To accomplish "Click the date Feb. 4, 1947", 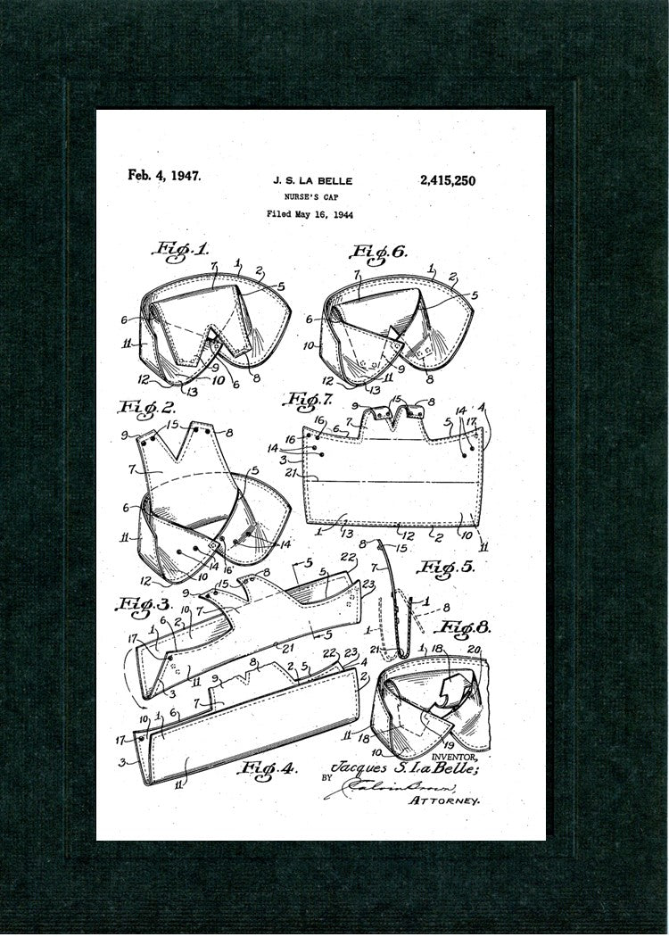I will pyautogui.click(x=164, y=175).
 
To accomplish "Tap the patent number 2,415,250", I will pyautogui.click(x=446, y=180).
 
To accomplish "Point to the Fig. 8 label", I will pyautogui.click(x=467, y=626).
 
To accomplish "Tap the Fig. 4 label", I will pyautogui.click(x=267, y=765).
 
